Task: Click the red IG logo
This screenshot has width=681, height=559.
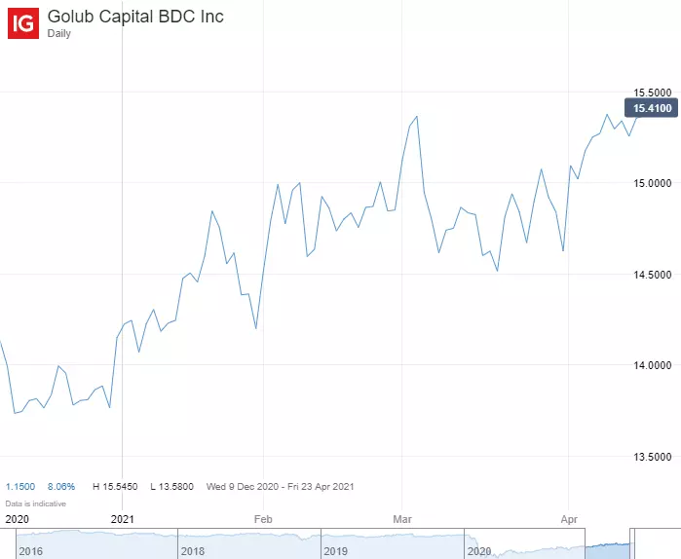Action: [23, 23]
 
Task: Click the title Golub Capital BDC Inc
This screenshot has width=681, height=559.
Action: [135, 17]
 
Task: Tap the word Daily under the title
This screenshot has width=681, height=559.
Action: [59, 34]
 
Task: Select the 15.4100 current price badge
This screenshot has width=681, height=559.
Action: [653, 108]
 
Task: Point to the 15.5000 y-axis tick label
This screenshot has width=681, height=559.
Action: [653, 92]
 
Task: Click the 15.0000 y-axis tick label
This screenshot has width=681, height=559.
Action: [653, 182]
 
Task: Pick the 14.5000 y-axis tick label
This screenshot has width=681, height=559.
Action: [653, 274]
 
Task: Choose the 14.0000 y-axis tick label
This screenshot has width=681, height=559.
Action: [653, 365]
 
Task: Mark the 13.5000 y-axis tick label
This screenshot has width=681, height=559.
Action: [653, 456]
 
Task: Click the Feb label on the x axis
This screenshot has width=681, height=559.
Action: [262, 520]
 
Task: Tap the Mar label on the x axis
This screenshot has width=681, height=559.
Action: [401, 520]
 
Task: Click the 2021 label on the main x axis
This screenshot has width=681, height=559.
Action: [124, 520]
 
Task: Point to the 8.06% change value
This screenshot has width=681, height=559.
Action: [61, 485]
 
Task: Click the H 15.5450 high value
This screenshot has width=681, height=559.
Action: [115, 485]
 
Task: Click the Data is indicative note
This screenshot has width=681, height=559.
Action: [36, 503]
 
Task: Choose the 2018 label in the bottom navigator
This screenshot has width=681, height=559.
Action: [193, 551]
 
